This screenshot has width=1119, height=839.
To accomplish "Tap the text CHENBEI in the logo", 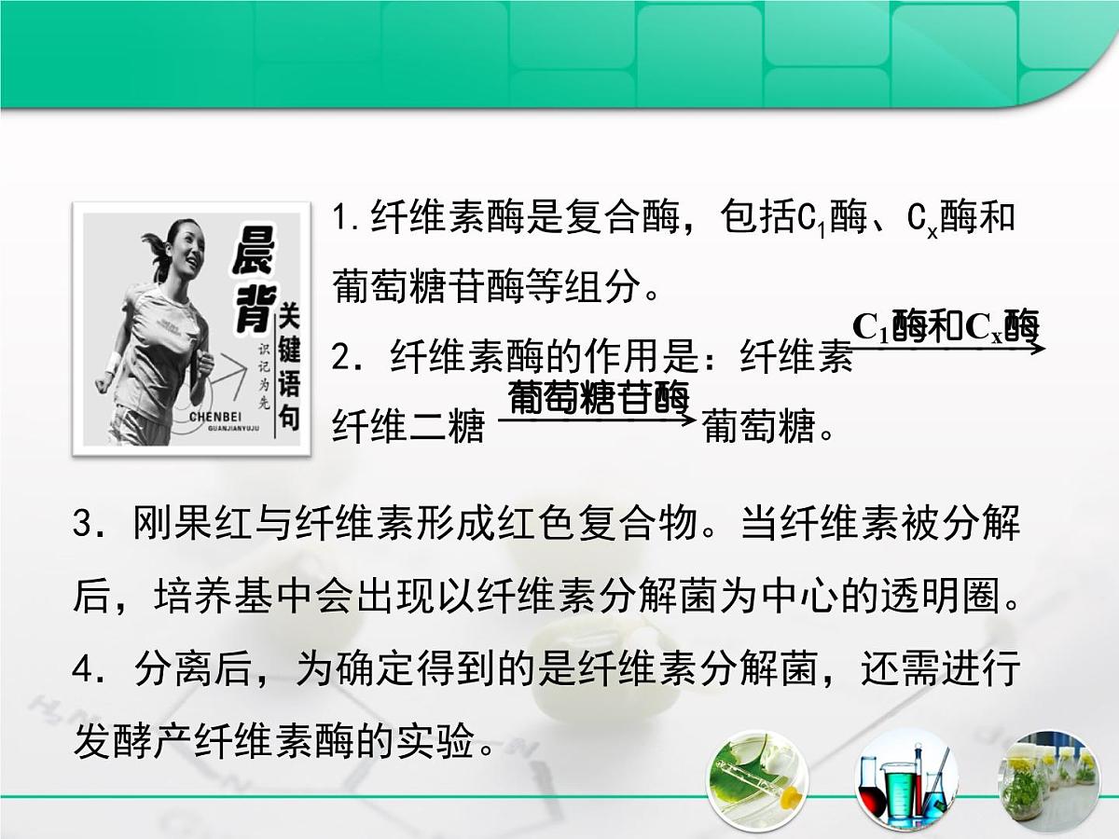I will [217, 419].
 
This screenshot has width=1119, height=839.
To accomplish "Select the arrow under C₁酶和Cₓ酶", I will [947, 349].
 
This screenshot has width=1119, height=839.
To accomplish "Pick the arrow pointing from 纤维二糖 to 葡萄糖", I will [597, 420].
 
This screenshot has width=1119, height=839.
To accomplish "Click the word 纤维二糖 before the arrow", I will [408, 428].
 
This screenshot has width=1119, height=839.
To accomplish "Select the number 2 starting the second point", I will [342, 357].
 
